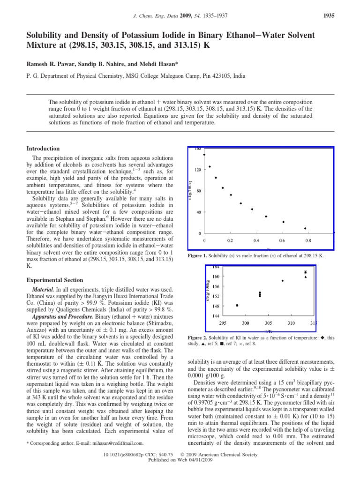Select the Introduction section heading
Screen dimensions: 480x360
[x=43, y=149]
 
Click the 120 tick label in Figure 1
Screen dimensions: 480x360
[x=199, y=170]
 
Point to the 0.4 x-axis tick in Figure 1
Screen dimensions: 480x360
[x=256, y=240]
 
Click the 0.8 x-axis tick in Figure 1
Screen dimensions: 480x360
[x=308, y=240]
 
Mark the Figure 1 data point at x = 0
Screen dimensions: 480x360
[x=204, y=154]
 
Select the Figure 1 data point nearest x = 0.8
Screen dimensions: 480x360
[x=305, y=228]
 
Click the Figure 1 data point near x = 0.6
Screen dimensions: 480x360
[x=283, y=222]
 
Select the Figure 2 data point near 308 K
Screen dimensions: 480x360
[x=283, y=281]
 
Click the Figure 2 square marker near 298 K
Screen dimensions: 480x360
[x=237, y=305]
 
